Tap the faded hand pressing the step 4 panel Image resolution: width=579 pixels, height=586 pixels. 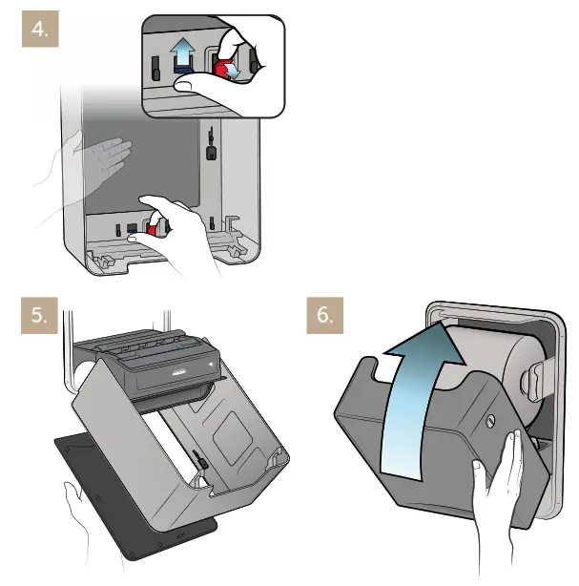tap(101, 157)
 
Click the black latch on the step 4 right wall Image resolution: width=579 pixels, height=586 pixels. tap(212, 149)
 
